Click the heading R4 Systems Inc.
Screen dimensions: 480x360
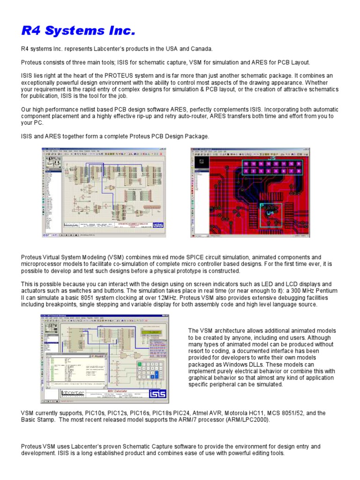[78, 31]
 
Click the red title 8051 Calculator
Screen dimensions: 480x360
[115, 390]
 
